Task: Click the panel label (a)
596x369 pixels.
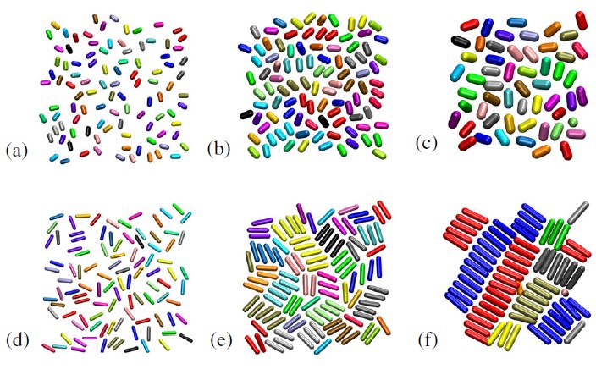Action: point(17,151)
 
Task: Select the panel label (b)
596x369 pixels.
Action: point(218,149)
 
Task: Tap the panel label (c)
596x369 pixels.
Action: point(427,143)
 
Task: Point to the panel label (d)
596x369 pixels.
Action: point(18,340)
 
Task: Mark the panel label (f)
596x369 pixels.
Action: point(428,340)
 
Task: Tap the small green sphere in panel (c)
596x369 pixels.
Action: point(573,122)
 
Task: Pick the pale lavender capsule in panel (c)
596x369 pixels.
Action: point(529,36)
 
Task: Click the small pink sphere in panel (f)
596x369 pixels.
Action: point(565,292)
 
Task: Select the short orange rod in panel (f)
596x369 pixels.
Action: point(520,288)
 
